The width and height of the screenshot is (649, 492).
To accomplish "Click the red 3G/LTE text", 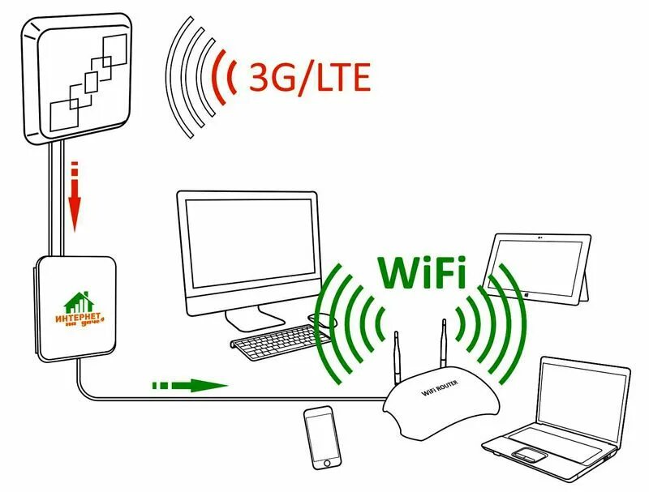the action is [309, 77].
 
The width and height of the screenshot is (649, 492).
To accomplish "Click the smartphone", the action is [321, 437].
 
